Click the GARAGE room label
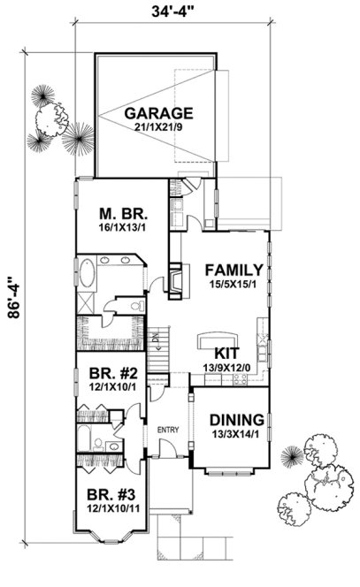158,113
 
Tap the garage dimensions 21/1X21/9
158,128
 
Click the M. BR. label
121,214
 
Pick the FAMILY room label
234,270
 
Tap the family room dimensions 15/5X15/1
234,284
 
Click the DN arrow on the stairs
156,338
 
